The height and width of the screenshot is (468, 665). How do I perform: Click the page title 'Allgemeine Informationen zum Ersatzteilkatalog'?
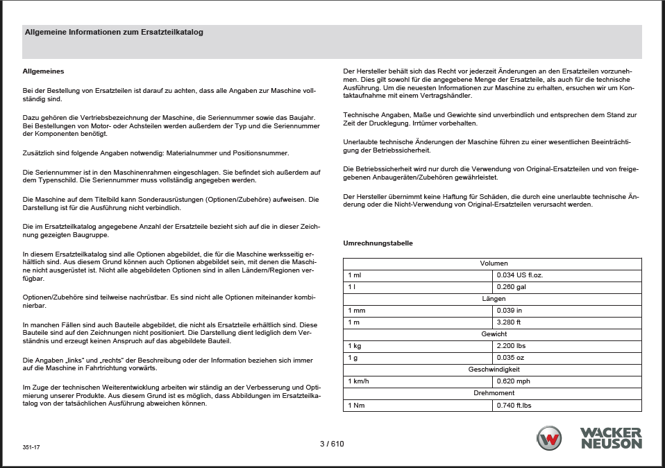[x=114, y=32]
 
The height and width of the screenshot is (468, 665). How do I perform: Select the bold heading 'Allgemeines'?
[x=44, y=71]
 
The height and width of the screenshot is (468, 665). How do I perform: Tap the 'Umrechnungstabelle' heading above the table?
[x=378, y=243]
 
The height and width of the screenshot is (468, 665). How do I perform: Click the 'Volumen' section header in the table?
[x=494, y=263]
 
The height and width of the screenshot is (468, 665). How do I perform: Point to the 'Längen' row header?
[x=494, y=299]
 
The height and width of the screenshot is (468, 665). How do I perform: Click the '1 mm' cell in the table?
[x=357, y=311]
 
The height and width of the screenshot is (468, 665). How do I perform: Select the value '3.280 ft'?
[x=508, y=322]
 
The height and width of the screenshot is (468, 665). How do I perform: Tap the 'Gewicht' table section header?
[x=494, y=334]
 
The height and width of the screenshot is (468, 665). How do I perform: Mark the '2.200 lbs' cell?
[x=510, y=346]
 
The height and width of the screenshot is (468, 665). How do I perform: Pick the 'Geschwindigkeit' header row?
[x=494, y=370]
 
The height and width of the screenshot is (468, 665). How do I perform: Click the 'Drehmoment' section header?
[x=494, y=393]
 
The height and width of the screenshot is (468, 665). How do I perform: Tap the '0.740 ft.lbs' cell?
[x=514, y=405]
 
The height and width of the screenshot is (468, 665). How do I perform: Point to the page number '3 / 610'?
[x=332, y=444]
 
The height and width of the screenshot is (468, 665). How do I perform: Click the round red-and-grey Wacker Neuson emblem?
[x=550, y=439]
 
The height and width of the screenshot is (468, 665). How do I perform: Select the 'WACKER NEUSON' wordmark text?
[x=611, y=439]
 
